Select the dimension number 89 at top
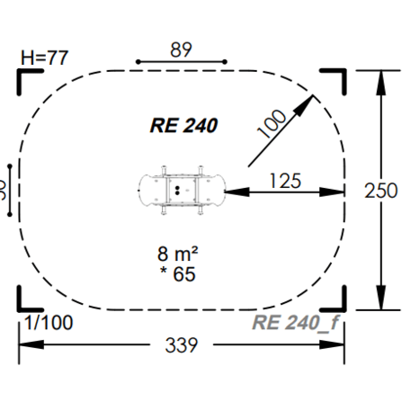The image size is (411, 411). click(x=181, y=49)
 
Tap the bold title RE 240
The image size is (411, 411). click(x=183, y=125)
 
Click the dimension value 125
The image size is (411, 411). click(x=284, y=181)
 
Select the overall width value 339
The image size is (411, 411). click(x=181, y=345)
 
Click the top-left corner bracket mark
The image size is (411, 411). click(x=23, y=76)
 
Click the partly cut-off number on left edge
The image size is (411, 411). click(x=4, y=190)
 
